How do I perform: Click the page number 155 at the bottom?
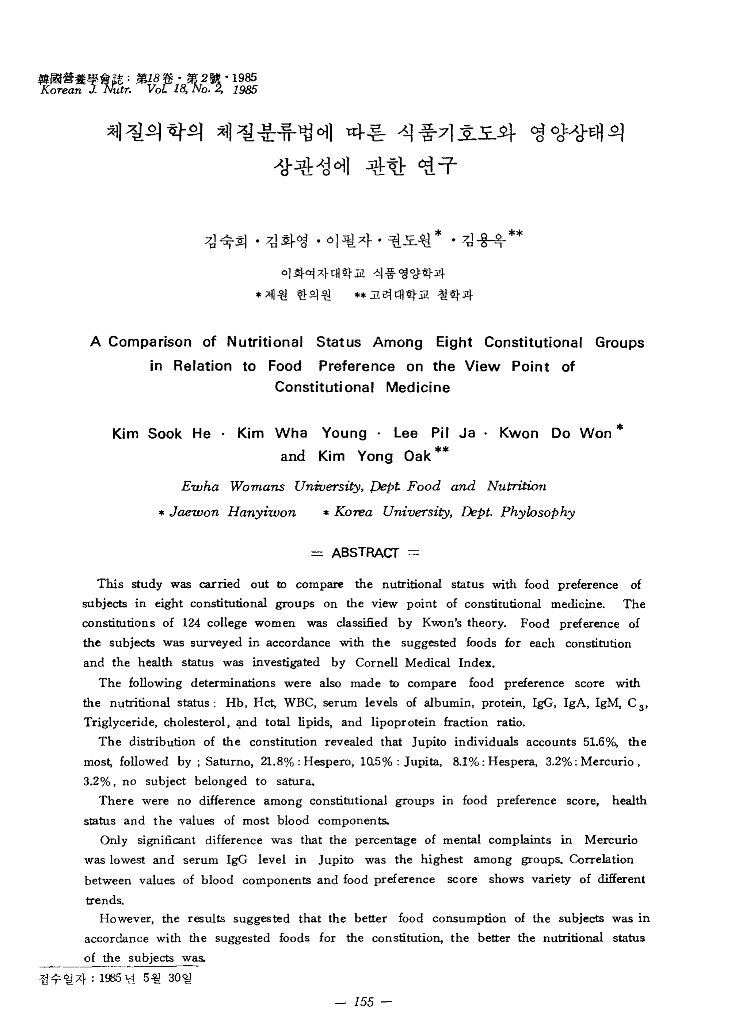point(364,1002)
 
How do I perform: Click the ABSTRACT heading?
point(365,553)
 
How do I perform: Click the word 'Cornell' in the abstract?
point(376,662)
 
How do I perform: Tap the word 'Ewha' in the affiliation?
point(200,486)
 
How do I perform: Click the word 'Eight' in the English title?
point(454,342)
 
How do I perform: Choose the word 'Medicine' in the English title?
point(418,388)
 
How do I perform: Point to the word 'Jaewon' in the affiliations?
point(194,512)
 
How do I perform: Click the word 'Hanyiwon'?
point(262,512)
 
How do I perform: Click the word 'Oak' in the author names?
point(417,456)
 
